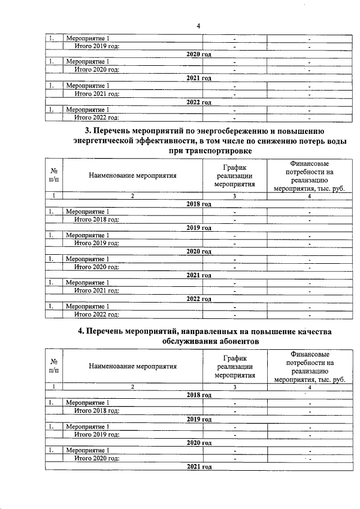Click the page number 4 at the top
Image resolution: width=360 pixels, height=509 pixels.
tap(198, 25)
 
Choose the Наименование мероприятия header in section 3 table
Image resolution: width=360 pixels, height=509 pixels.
tap(133, 175)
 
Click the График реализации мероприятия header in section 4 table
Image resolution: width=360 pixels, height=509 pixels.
tap(235, 367)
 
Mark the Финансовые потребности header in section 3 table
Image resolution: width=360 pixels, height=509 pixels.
tap(309, 175)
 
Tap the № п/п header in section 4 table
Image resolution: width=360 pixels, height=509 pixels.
tap(54, 367)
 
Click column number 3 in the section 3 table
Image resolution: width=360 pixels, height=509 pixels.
tap(235, 195)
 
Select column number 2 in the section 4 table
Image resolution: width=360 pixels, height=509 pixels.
tap(133, 387)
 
